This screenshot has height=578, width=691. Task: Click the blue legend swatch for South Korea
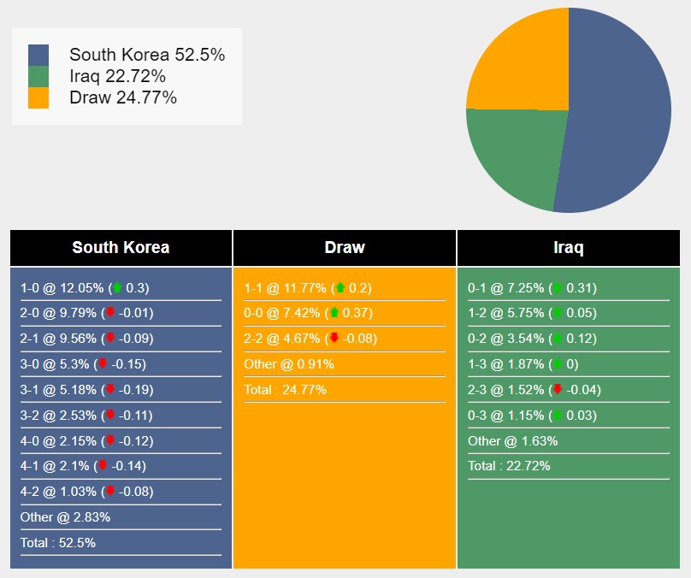pyautogui.click(x=38, y=56)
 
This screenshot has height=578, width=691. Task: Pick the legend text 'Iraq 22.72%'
pyautogui.click(x=118, y=76)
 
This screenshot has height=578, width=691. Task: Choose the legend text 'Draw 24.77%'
pyautogui.click(x=123, y=97)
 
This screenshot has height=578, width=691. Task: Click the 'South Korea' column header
pyautogui.click(x=121, y=248)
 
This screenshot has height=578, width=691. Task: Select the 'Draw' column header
pyautogui.click(x=345, y=248)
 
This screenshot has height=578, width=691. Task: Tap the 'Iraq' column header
pyautogui.click(x=569, y=248)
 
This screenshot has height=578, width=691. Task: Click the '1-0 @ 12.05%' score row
pyautogui.click(x=85, y=288)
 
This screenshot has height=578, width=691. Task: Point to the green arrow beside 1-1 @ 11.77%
pyautogui.click(x=340, y=288)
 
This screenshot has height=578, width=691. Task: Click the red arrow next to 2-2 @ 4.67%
pyautogui.click(x=334, y=339)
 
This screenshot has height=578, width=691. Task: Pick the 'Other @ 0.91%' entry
pyautogui.click(x=289, y=364)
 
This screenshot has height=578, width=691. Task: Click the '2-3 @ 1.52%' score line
pyautogui.click(x=534, y=390)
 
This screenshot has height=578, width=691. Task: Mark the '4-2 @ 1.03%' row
pyautogui.click(x=85, y=491)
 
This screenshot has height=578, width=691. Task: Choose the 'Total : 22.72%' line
pyautogui.click(x=509, y=466)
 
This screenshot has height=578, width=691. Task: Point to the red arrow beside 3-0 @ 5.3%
pyautogui.click(x=103, y=364)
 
